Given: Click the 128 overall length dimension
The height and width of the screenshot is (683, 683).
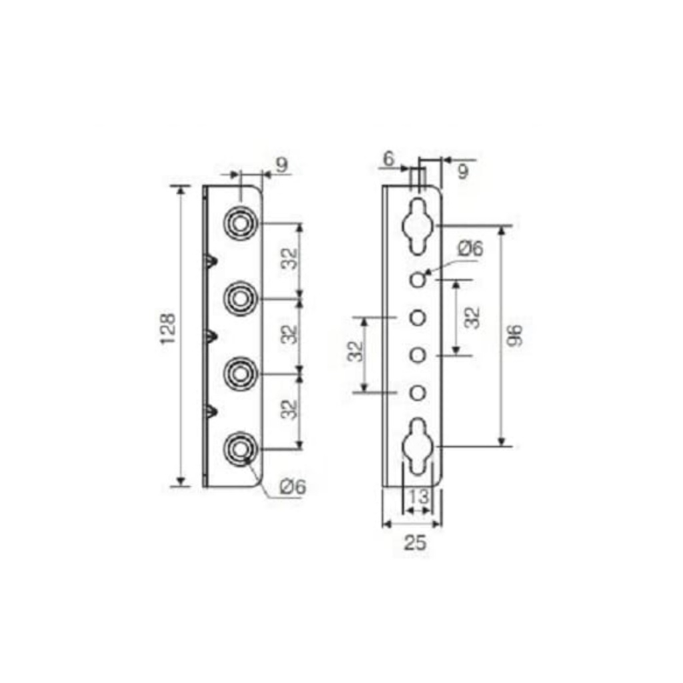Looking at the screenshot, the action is (168, 329).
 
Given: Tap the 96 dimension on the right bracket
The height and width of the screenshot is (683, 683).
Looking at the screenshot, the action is (515, 335).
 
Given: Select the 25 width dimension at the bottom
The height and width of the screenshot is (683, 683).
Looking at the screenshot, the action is (415, 543).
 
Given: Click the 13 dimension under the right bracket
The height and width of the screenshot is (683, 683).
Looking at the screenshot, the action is (419, 496).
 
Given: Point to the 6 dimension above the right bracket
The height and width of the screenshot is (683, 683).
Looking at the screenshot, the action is (388, 159).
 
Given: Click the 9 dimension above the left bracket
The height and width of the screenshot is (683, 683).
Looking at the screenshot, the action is (282, 165).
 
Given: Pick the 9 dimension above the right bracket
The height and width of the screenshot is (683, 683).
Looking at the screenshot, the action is (462, 172).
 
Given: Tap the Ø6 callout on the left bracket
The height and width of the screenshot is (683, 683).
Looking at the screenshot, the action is (293, 486).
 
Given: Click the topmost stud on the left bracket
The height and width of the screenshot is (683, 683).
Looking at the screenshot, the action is (239, 224).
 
